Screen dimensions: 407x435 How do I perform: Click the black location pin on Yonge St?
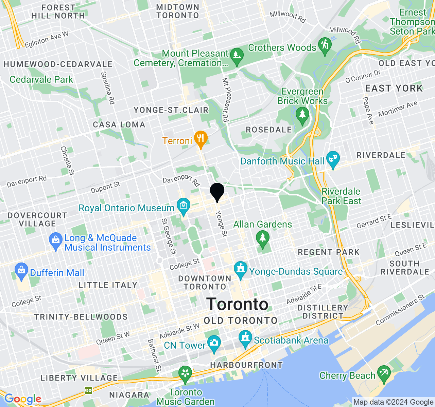coord(217,192)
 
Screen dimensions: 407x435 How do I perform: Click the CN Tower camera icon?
coord(214,343)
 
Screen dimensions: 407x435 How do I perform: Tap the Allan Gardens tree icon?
coord(262,238)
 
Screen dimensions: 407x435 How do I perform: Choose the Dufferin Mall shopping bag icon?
coord(21,271)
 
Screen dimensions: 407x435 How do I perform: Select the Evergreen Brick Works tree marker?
coord(302,115)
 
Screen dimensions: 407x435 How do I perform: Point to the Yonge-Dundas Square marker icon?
coord(241,270)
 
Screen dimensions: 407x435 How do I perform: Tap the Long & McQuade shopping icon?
coord(55,240)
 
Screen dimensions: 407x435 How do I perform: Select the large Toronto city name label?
coord(238,304)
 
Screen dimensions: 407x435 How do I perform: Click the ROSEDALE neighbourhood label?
coord(269,130)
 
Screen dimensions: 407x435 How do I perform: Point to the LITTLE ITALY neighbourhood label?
coord(108,285)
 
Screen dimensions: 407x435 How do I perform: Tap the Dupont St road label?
coord(105,187)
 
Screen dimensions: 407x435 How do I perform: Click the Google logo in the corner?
coord(23,399)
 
